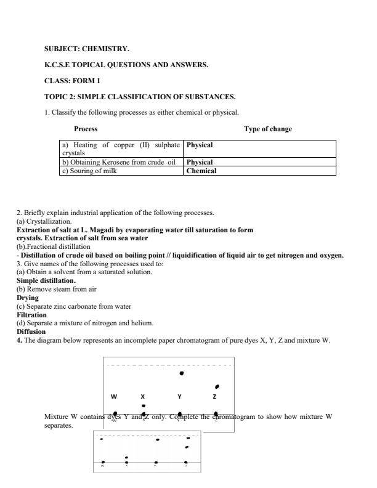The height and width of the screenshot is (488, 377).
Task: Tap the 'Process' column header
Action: (x=86, y=129)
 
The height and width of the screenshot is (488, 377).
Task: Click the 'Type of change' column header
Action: (x=268, y=129)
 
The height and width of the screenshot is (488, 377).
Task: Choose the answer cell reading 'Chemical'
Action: (x=201, y=171)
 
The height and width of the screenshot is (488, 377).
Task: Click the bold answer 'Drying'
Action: (x=27, y=298)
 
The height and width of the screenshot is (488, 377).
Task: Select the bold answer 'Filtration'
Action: (x=31, y=315)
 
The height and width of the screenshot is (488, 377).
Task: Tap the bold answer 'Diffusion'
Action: (x=31, y=331)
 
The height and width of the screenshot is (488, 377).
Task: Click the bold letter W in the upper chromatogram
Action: (x=114, y=397)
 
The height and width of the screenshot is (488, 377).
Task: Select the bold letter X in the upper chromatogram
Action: (x=142, y=397)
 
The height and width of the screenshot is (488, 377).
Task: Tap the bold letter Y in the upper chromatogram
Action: (x=180, y=397)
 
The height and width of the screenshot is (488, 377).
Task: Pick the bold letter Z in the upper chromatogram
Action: (x=214, y=397)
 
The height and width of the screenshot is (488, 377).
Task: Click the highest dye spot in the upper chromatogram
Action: (x=180, y=373)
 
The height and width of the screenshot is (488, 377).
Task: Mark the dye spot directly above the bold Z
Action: (x=217, y=386)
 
